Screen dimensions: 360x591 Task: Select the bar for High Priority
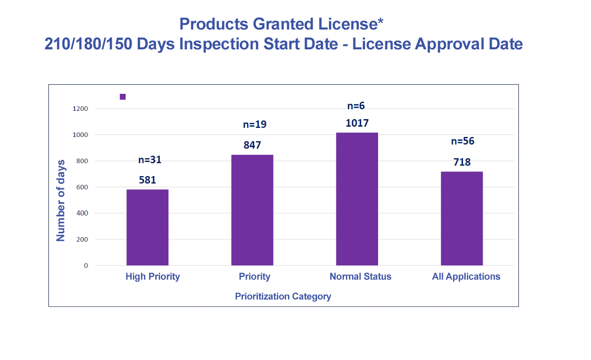pyautogui.click(x=148, y=227)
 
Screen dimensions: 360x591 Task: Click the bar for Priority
pyautogui.click(x=252, y=210)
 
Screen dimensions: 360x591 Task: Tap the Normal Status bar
pyautogui.click(x=357, y=199)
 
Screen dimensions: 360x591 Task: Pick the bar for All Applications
pyautogui.click(x=462, y=218)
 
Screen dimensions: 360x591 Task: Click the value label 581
pyautogui.click(x=148, y=180)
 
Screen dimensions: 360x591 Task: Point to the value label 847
pyautogui.click(x=252, y=145)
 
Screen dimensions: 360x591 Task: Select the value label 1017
pyautogui.click(x=357, y=123)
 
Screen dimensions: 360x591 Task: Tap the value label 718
pyautogui.click(x=462, y=162)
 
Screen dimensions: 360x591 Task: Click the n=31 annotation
pyautogui.click(x=150, y=160)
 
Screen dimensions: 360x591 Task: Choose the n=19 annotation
pyautogui.click(x=255, y=124)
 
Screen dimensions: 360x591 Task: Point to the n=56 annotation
pyautogui.click(x=463, y=141)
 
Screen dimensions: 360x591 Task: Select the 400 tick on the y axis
pyautogui.click(x=83, y=213)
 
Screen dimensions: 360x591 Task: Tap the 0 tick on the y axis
pyautogui.click(x=86, y=266)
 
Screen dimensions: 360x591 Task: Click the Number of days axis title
pyautogui.click(x=61, y=200)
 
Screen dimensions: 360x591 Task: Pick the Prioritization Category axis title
pyautogui.click(x=283, y=296)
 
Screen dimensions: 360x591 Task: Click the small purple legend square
pyautogui.click(x=122, y=97)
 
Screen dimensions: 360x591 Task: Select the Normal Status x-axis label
pyautogui.click(x=360, y=277)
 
